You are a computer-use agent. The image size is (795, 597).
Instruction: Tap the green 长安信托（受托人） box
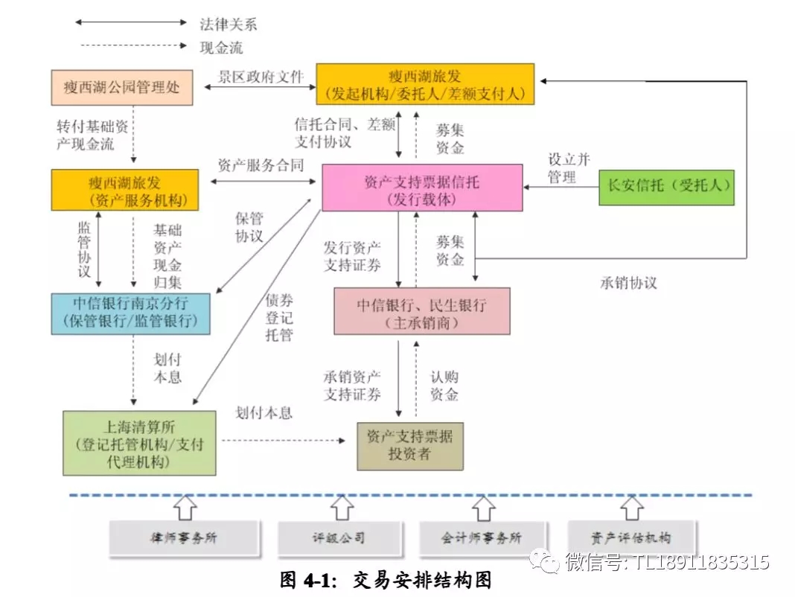(666, 187)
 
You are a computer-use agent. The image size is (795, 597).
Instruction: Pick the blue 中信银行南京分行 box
(130, 313)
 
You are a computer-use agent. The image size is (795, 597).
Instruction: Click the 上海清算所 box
(139, 443)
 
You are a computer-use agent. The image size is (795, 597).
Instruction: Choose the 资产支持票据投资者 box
(409, 445)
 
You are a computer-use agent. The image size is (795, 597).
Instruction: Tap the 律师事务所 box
(184, 537)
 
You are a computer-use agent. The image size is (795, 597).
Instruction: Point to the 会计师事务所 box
(482, 537)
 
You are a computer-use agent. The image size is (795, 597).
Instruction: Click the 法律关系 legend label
(228, 23)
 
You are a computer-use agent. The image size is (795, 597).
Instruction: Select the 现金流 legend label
(221, 48)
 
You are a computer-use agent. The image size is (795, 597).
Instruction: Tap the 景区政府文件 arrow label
(261, 76)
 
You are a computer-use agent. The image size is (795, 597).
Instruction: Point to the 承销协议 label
(628, 283)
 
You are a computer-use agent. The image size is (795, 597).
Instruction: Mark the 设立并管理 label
(569, 168)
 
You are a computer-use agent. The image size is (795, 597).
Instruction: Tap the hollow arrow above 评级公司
(342, 508)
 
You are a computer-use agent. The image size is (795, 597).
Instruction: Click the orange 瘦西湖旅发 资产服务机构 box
(124, 190)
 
